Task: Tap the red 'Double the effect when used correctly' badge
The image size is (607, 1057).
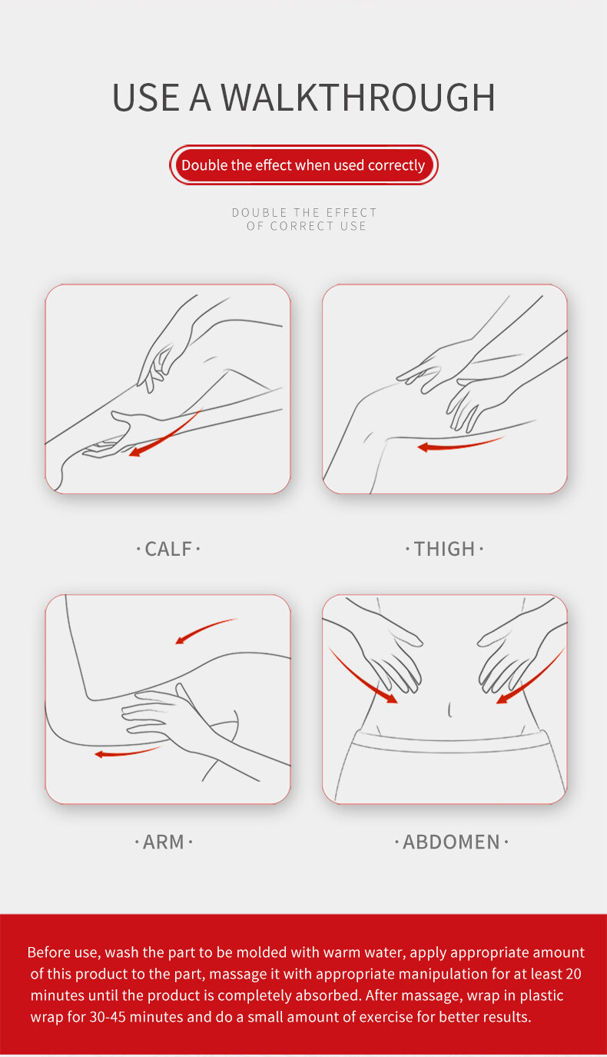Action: click(x=303, y=165)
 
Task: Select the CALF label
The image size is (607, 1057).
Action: click(x=168, y=549)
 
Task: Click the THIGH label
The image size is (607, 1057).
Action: click(x=444, y=549)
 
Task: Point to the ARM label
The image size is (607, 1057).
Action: click(x=163, y=842)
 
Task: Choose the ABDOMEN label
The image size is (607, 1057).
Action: click(x=451, y=842)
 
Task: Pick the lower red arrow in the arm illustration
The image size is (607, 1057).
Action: click(x=127, y=752)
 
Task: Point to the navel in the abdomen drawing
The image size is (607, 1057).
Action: click(x=449, y=710)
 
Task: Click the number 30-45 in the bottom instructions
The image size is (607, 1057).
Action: click(x=108, y=1016)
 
